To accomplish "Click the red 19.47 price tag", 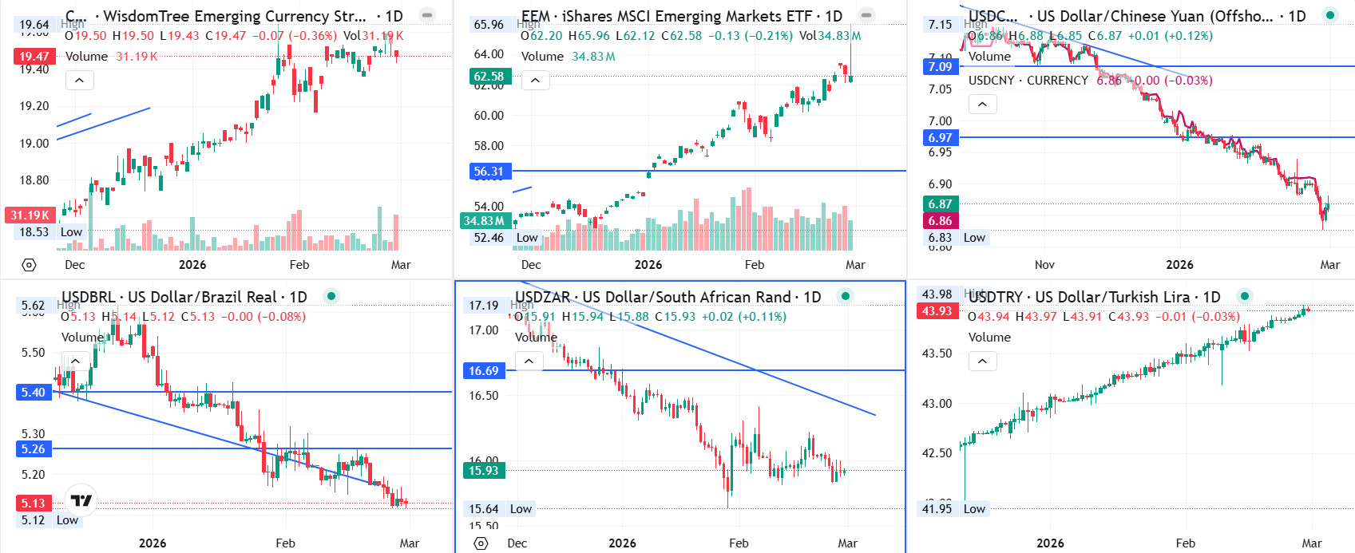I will pyautogui.click(x=34, y=56).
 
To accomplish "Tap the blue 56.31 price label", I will pyautogui.click(x=489, y=171).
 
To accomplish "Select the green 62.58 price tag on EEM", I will pyautogui.click(x=489, y=77).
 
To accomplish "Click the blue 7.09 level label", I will pyautogui.click(x=940, y=66).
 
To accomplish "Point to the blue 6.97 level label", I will pyautogui.click(x=940, y=137).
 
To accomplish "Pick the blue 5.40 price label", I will pyautogui.click(x=34, y=392).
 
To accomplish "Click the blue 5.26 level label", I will pyautogui.click(x=34, y=448).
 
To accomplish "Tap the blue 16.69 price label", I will pyautogui.click(x=483, y=370).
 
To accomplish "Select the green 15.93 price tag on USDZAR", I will pyautogui.click(x=483, y=470).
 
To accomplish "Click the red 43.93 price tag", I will pyautogui.click(x=937, y=310).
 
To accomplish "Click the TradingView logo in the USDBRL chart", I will pyautogui.click(x=81, y=500).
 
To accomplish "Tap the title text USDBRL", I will pyautogui.click(x=89, y=297).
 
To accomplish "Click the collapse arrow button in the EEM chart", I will pyautogui.click(x=535, y=81).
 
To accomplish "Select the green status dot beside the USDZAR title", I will pyautogui.click(x=846, y=296).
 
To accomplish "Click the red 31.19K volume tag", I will pyautogui.click(x=30, y=215).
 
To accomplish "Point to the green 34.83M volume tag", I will pyautogui.click(x=484, y=220).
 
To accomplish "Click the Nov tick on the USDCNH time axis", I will pyautogui.click(x=1044, y=265).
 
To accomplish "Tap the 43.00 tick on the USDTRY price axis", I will pyautogui.click(x=937, y=403).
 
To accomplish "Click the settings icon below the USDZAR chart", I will pyautogui.click(x=481, y=543).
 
